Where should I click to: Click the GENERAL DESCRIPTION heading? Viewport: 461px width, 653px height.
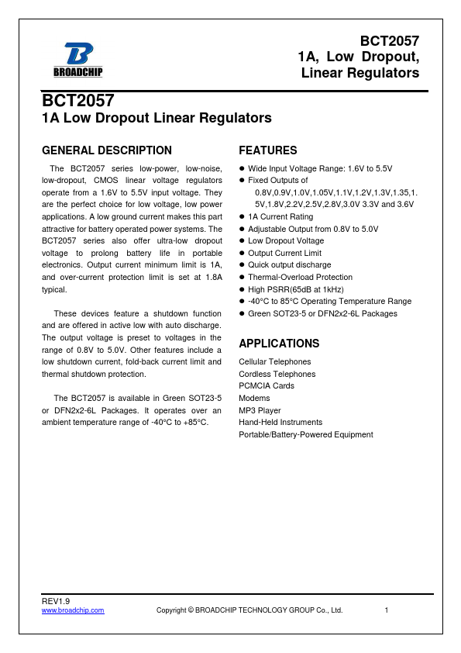click(x=107, y=150)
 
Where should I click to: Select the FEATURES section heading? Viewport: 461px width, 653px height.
click(x=267, y=150)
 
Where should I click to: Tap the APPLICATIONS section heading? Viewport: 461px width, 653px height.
click(x=279, y=344)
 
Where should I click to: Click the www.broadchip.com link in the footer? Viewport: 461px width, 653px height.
click(x=73, y=610)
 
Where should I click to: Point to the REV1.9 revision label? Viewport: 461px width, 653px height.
click(x=56, y=602)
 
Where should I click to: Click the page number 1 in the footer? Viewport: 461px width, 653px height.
click(x=386, y=610)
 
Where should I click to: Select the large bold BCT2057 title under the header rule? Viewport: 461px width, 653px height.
click(x=78, y=102)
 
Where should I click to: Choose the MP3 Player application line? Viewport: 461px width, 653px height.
click(x=260, y=410)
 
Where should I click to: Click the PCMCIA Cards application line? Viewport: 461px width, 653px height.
click(x=267, y=385)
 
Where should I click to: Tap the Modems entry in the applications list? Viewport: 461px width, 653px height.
click(x=254, y=398)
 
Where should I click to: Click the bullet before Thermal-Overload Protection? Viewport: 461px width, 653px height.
click(x=242, y=278)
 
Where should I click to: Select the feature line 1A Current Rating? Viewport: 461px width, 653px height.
click(x=280, y=217)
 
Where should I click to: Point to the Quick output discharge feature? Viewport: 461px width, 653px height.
click(x=289, y=265)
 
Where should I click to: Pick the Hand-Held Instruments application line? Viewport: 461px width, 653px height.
click(x=280, y=422)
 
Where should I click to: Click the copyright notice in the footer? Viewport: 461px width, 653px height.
click(x=249, y=610)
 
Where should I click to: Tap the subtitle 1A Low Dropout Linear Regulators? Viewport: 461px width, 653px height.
click(x=157, y=119)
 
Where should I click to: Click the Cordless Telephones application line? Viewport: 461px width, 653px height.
click(x=277, y=374)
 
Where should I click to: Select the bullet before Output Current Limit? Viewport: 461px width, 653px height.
click(x=242, y=254)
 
